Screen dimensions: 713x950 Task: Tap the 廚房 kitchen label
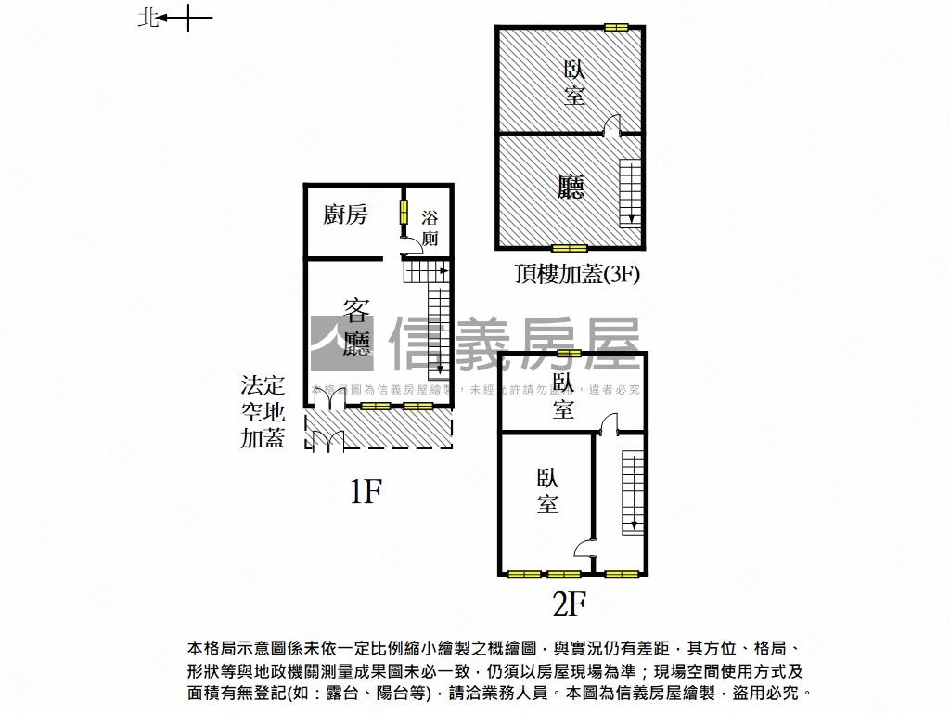pos(345,215)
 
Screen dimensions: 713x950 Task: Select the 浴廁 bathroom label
pos(430,228)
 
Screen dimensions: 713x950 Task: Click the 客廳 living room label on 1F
pos(357,327)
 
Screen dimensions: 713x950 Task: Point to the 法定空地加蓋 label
pos(263,411)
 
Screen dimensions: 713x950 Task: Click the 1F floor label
pos(366,491)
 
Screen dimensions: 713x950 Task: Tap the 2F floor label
pos(569,604)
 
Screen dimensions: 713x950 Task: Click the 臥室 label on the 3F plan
pos(574,82)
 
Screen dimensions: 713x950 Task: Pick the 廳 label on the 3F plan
pos(571,188)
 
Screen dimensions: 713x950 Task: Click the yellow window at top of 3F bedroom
pos(615,27)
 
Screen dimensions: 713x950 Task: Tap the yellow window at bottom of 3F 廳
pos(569,248)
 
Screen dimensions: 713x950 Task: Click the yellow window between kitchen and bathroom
pos(404,211)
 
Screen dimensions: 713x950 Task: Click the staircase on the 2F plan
pos(633,492)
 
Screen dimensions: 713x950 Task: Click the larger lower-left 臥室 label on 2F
pos(547,491)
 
